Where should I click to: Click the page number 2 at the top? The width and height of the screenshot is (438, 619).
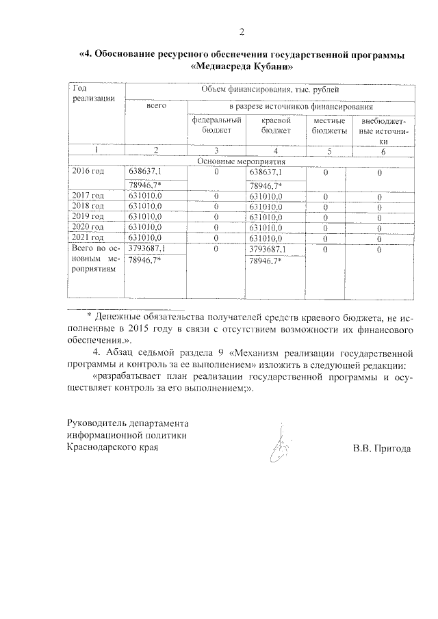pos(242,31)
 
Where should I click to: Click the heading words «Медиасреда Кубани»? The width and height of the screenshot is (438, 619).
pos(241,68)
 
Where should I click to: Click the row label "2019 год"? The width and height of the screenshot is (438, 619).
pos(88,216)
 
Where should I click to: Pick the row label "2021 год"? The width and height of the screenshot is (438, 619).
pos(88,237)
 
